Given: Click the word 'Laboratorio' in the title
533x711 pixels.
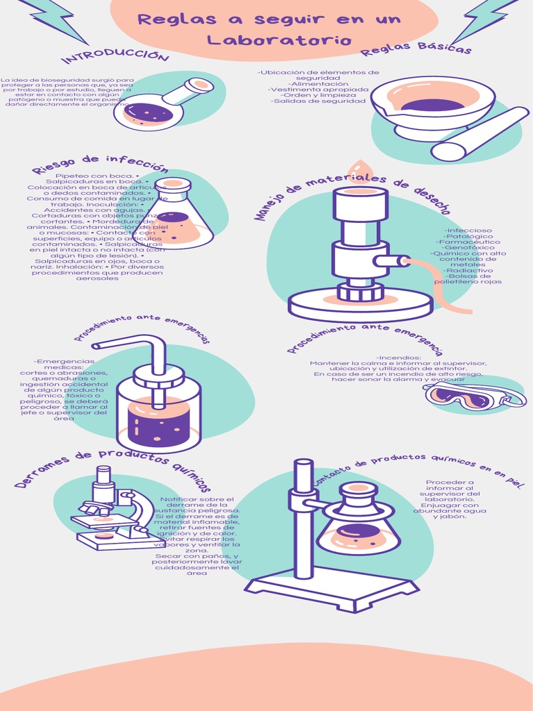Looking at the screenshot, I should (x=279, y=40).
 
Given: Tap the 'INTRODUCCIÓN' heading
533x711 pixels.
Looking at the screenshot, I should (x=115, y=56).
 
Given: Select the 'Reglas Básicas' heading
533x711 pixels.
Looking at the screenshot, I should (x=416, y=47).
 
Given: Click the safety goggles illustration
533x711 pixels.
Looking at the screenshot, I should (x=473, y=396).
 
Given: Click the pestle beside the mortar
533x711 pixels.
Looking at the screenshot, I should (x=479, y=134).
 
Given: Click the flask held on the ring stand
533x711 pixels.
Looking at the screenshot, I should (x=358, y=521).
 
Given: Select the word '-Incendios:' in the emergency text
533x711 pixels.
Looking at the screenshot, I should (x=398, y=358).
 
